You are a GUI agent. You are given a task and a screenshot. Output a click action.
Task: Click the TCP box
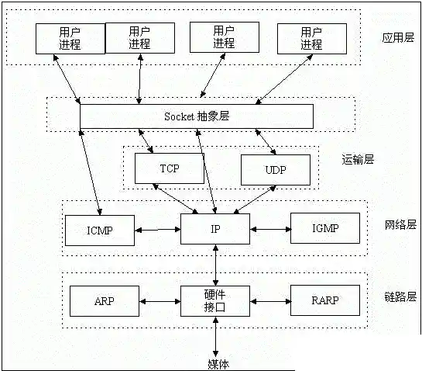coord(169,168)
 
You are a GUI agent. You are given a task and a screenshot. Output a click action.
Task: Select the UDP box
coord(275,170)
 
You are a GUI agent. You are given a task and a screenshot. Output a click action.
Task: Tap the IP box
coord(214,229)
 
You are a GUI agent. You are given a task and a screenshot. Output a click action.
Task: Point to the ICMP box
coord(100,229)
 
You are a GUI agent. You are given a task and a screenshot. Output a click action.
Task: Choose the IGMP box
coord(325,228)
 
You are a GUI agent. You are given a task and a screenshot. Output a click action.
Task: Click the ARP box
coord(104,300)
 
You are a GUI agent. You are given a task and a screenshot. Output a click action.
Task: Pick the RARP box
coord(325,300)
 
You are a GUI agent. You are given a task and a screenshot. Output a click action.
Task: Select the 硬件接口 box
coord(214,300)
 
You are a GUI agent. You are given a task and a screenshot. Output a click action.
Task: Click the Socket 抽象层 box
coord(197,116)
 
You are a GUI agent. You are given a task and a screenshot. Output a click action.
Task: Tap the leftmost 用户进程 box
coord(70,38)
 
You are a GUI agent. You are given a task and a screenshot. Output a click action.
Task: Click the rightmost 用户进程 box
coord(310,38)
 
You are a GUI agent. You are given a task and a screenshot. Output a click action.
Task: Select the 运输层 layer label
coord(358,159)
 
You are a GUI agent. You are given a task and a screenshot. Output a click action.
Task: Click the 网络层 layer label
coord(400,225)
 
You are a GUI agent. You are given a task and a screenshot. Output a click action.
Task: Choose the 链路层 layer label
coord(400,297)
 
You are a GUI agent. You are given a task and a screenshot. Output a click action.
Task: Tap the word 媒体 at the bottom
coord(218,364)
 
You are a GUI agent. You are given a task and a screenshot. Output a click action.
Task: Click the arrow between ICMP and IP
coord(157,230)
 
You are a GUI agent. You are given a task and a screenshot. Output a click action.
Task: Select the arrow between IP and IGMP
coord(269,229)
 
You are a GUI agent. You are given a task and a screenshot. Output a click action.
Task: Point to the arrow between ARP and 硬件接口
coord(160,300)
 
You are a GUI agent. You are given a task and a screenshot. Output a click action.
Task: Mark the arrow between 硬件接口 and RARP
coord(269,300)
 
